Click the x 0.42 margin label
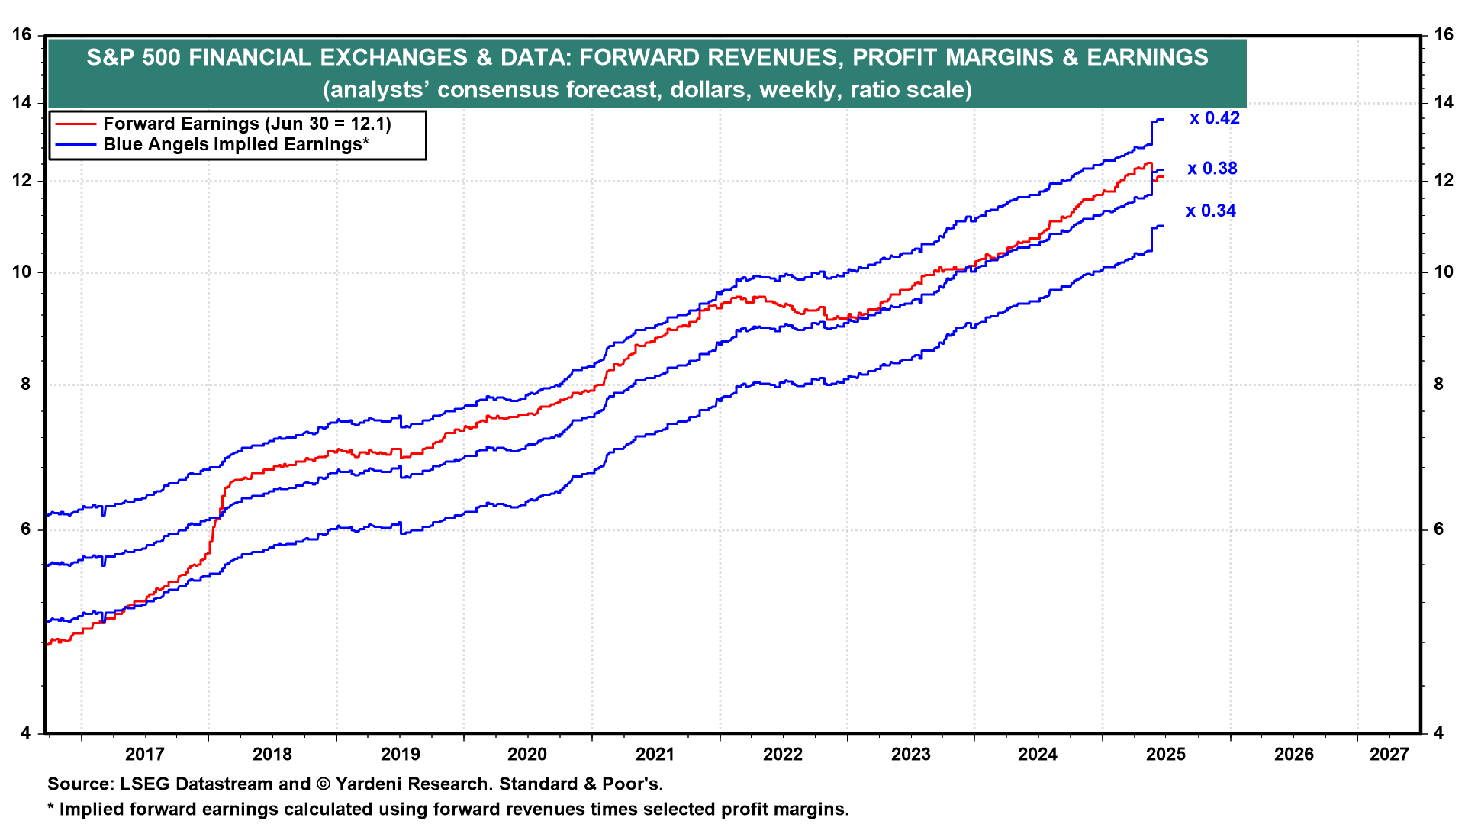(x=1215, y=118)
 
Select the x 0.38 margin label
(x=1212, y=169)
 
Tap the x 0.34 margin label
(x=1211, y=211)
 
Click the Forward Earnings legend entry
(x=246, y=124)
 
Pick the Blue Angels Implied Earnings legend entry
(x=236, y=145)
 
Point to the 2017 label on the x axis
(x=145, y=755)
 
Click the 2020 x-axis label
(x=527, y=755)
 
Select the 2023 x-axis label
(x=911, y=755)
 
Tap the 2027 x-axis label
(x=1389, y=755)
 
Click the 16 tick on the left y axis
(x=23, y=34)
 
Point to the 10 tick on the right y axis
(x=1444, y=272)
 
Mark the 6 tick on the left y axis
(x=26, y=529)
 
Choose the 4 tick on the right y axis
(x=1439, y=733)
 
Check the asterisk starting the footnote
(x=51, y=807)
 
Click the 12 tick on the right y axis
(x=1444, y=181)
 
